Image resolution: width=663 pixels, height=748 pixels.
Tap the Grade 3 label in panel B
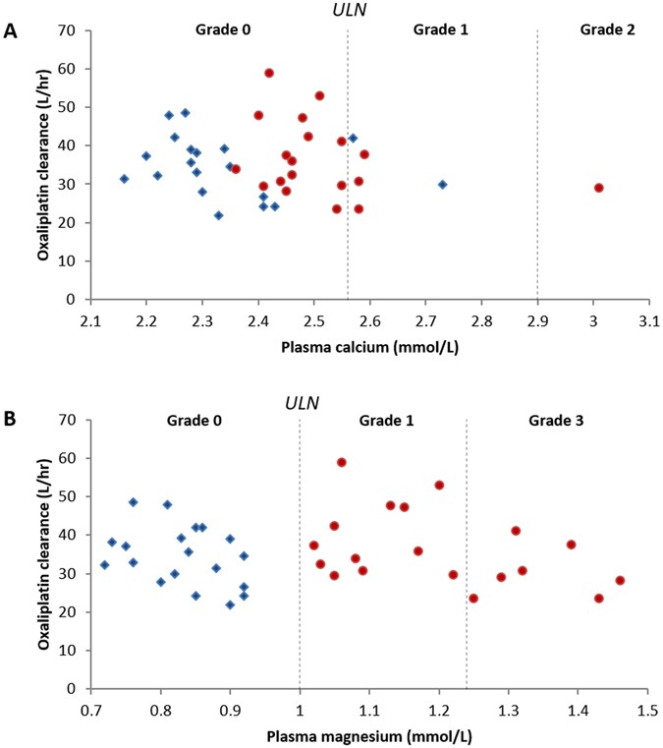pos(556,420)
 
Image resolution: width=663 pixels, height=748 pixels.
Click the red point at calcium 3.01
pos(598,188)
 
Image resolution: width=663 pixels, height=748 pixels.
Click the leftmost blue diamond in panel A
pos(124,179)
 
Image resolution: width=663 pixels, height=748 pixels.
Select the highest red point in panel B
pos(341,462)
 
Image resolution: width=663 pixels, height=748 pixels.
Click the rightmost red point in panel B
pos(620,580)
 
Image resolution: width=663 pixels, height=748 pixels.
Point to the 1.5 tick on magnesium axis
pos(646,709)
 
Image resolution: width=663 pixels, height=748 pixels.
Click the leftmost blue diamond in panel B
pos(104,565)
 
